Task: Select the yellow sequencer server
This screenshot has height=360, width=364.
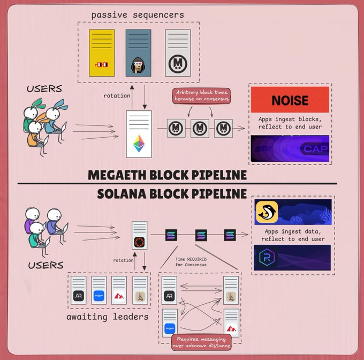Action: click(102, 52)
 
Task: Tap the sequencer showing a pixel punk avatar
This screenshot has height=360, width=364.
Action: click(138, 52)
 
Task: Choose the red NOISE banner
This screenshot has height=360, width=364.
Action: click(290, 100)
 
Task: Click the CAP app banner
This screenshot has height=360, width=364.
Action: click(290, 149)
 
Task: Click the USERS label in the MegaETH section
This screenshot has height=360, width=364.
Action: click(44, 88)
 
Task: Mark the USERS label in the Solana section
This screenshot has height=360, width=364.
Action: click(45, 265)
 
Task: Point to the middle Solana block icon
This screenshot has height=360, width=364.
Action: click(201, 235)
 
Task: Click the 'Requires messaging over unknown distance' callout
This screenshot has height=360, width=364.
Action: click(200, 342)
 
